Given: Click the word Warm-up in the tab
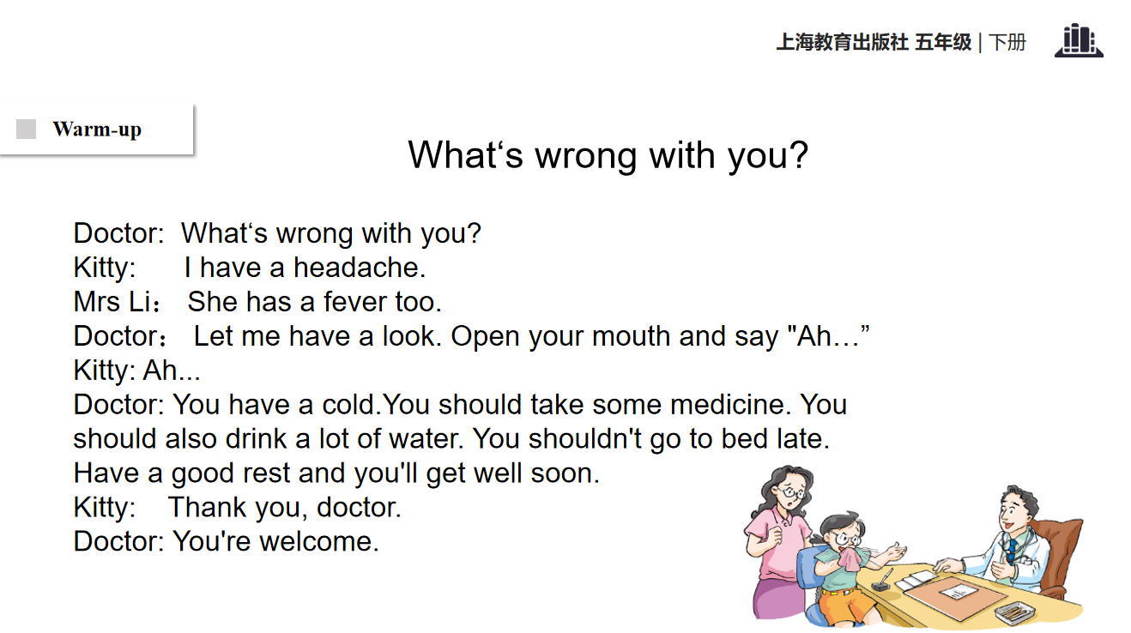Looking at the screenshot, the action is pyautogui.click(x=97, y=130).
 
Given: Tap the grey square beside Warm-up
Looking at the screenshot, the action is pyautogui.click(x=27, y=129).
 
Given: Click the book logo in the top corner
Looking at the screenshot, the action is pyautogui.click(x=1079, y=40).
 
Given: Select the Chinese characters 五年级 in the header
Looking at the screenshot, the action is pyautogui.click(x=943, y=42).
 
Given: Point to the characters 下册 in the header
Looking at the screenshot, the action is pyautogui.click(x=1007, y=42).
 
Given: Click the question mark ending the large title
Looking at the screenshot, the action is pyautogui.click(x=798, y=155).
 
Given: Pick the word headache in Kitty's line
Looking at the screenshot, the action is pyautogui.click(x=360, y=267).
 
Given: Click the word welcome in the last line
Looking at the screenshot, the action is pyautogui.click(x=319, y=541).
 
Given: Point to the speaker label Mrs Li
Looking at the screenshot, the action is pyautogui.click(x=112, y=302).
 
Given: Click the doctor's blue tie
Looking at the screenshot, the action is pyautogui.click(x=1012, y=552).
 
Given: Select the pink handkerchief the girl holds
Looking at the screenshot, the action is pyautogui.click(x=851, y=558).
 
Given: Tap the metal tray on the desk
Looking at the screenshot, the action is pyautogui.click(x=1015, y=613).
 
